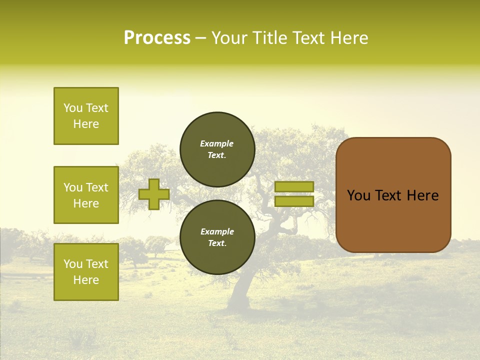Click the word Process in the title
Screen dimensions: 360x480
coord(157,38)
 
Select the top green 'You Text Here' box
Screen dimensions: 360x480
coord(86,116)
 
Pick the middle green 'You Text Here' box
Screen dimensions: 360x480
coord(86,195)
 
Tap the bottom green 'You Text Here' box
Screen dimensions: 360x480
coord(86,272)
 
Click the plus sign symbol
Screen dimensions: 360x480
coord(153,194)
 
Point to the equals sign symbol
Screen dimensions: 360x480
coord(294,194)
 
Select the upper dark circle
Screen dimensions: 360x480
coord(217,149)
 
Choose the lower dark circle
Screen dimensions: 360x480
coord(217,237)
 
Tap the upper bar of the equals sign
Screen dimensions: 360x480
coord(294,186)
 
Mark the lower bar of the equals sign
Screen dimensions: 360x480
coord(294,201)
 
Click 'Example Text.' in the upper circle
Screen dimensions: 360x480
coord(217,149)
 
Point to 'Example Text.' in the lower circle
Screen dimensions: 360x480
coord(217,237)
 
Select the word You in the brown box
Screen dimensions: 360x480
coord(358,195)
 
